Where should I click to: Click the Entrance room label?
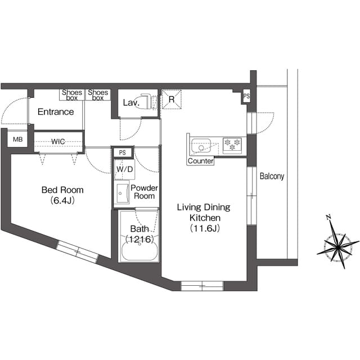(x=55, y=112)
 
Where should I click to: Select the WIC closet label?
(x=58, y=141)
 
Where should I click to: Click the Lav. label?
(x=131, y=102)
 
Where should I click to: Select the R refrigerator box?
(x=171, y=100)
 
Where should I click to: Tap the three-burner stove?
(x=232, y=145)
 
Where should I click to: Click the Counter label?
(x=200, y=161)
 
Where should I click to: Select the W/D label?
(x=124, y=169)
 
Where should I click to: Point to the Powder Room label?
(x=144, y=192)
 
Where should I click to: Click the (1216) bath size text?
(x=139, y=239)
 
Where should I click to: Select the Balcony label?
(x=272, y=176)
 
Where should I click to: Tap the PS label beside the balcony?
(x=246, y=96)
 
